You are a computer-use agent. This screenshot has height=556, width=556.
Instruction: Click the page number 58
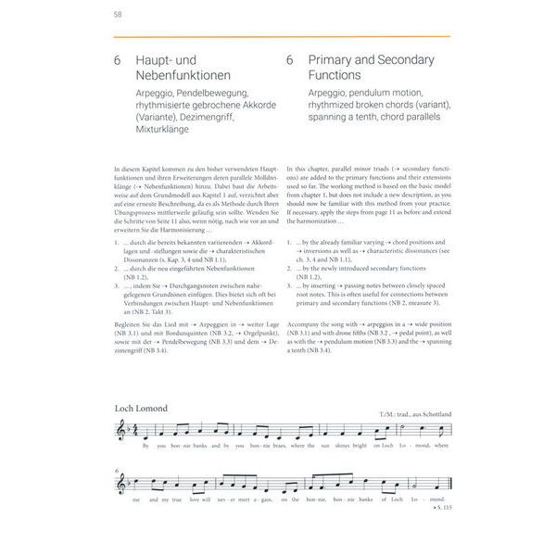[x=118, y=14]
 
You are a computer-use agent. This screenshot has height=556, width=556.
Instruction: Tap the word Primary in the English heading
[x=336, y=59]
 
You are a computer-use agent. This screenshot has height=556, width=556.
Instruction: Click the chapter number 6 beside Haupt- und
[x=119, y=59]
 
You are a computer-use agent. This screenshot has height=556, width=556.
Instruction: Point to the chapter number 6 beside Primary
[x=290, y=59]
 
